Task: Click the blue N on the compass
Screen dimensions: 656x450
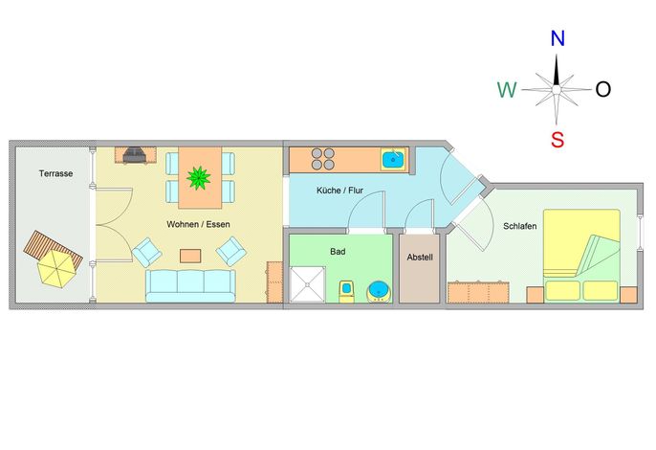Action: click(558, 38)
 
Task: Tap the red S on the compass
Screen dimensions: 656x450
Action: click(558, 140)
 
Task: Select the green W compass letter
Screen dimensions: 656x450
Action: click(507, 90)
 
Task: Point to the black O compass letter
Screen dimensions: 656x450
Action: click(602, 89)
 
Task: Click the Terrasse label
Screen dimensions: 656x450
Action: click(56, 173)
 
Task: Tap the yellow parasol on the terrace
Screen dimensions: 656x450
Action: click(56, 269)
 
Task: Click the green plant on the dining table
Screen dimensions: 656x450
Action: click(198, 178)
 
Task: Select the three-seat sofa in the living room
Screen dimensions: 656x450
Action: click(190, 285)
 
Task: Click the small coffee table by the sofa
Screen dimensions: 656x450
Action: click(190, 256)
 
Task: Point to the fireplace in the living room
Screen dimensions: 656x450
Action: click(134, 155)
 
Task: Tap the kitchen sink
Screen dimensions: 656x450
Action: click(393, 160)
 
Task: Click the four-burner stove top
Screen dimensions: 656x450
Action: click(323, 159)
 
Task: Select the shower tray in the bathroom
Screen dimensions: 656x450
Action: click(308, 283)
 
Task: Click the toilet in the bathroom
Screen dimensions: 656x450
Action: click(347, 292)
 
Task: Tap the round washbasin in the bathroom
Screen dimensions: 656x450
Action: click(380, 292)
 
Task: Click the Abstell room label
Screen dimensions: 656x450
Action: click(420, 258)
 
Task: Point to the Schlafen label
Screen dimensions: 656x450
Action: click(520, 226)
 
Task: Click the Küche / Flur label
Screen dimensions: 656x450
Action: click(339, 191)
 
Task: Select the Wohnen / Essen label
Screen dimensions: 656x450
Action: click(198, 225)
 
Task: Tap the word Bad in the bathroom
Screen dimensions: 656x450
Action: click(338, 252)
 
